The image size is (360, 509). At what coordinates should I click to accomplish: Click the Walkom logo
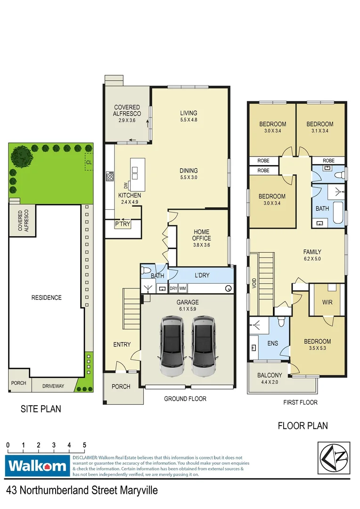pos(37,466)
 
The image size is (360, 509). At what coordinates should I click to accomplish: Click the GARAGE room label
pos(188,302)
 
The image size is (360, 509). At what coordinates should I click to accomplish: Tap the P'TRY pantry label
pos(122,224)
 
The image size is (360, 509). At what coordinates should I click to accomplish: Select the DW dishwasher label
pos(126,185)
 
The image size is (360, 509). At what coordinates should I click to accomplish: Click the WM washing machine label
pos(183,288)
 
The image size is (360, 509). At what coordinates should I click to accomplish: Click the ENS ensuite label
pos(272,344)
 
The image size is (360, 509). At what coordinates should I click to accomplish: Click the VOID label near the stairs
pos(254,283)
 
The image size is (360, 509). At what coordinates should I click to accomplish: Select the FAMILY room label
pos(312,252)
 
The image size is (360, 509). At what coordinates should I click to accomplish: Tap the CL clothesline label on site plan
pos(89,162)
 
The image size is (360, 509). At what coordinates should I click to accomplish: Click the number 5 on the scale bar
pos(84,445)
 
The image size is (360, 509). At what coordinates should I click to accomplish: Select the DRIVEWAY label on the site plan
pos(53,386)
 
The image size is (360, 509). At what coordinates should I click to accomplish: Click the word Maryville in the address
pos(137,490)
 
